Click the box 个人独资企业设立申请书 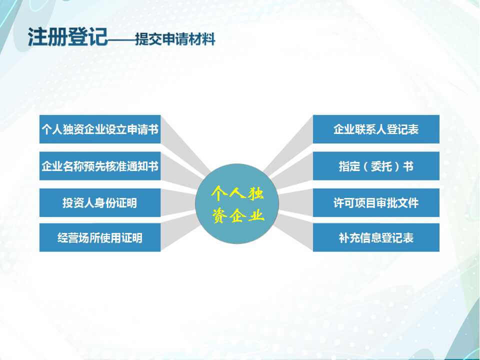(100, 129)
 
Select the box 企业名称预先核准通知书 (100, 166)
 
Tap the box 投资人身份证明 (100, 202)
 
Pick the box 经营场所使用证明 (100, 237)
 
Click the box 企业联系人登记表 (376, 129)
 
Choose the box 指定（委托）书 (376, 166)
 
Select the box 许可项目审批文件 (376, 202)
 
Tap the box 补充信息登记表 (376, 237)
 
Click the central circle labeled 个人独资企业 (237, 204)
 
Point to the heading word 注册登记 (67, 37)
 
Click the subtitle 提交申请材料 (175, 39)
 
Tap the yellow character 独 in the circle (255, 193)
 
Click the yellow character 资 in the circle (220, 215)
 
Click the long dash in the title (121, 40)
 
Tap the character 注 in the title (37, 37)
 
